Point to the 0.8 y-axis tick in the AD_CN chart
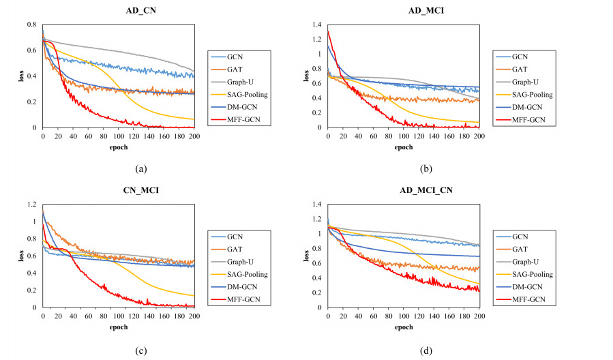tap(31, 25)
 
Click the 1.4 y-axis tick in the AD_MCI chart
tap(316, 25)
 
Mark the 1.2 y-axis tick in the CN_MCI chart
tap(31, 205)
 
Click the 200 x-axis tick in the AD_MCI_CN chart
tap(479, 316)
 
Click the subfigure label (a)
tap(119, 168)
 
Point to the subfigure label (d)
tap(403, 350)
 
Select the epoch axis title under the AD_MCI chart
tap(403, 147)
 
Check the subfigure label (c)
tap(119, 350)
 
